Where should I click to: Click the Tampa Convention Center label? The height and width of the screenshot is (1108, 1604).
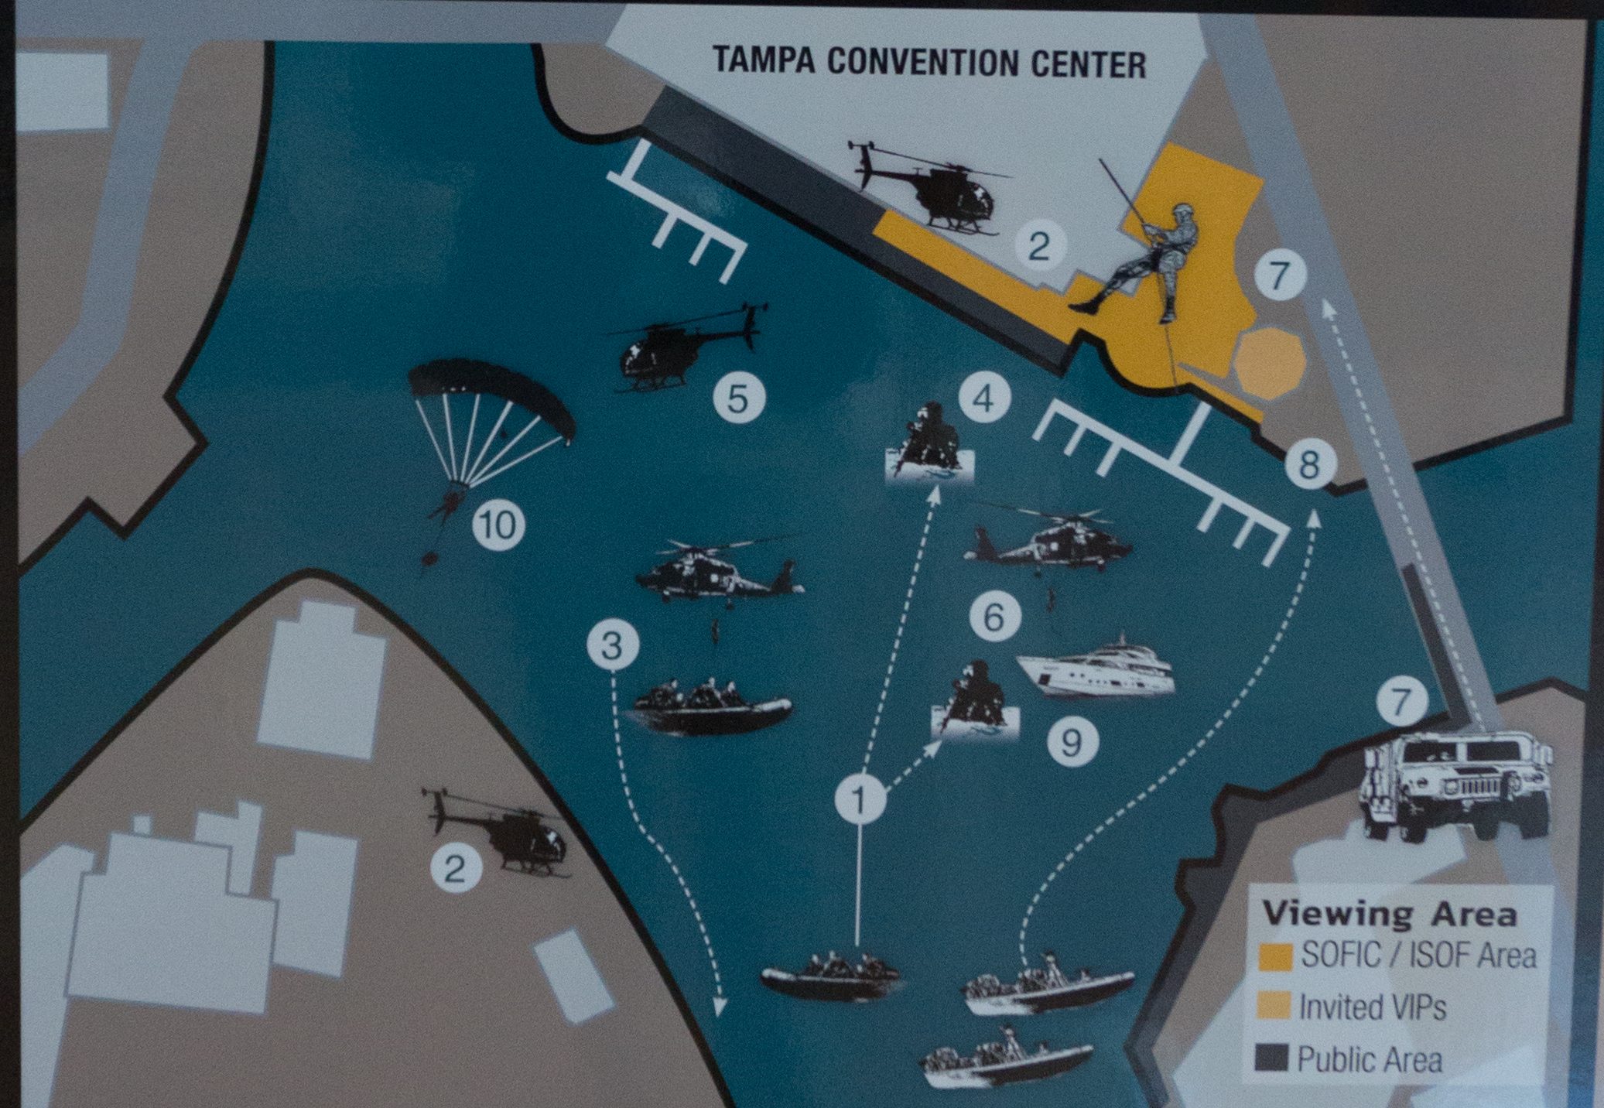pos(929,62)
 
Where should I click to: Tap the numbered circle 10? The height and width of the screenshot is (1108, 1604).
pos(498,525)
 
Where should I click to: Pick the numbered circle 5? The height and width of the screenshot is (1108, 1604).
pos(737,399)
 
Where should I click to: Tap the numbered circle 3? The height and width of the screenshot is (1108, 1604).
pos(612,645)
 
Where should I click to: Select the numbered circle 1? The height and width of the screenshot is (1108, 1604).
pos(860,799)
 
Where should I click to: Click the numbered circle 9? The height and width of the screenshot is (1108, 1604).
pos(1072,743)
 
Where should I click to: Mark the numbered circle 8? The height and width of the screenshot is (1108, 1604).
pos(1308,465)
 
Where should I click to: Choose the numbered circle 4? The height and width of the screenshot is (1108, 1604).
pos(983,399)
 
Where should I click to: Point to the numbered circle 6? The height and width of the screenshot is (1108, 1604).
pos(994,617)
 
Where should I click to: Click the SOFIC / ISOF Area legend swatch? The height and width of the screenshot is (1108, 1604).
pos(1275,956)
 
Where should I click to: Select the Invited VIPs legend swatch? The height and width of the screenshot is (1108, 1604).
pos(1275,1006)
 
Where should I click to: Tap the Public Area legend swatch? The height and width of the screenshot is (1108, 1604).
pos(1272,1057)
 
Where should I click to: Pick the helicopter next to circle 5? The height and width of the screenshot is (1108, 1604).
pos(681,348)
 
